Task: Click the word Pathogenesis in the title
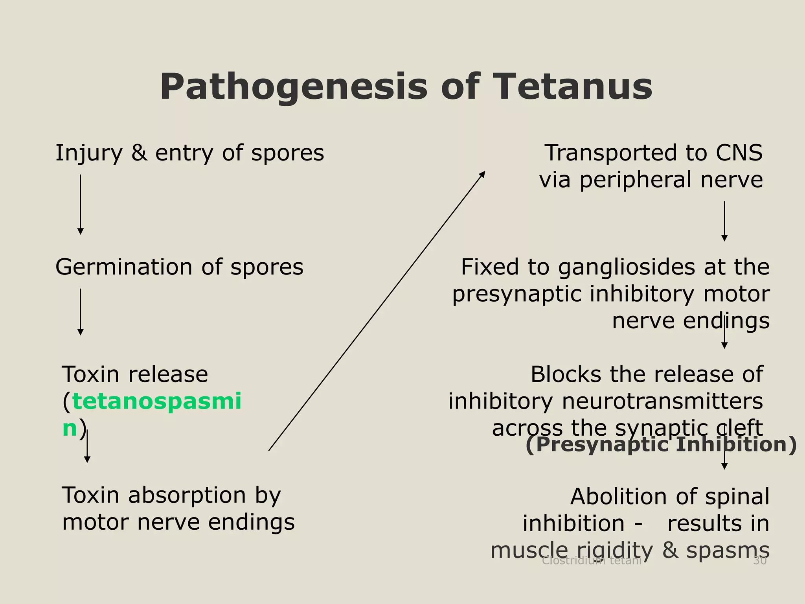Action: point(293,87)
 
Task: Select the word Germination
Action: point(123,267)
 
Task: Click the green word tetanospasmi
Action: point(156,401)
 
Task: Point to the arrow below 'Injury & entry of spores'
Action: point(81,204)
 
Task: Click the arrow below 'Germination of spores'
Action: point(81,312)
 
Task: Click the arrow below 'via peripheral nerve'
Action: point(724,221)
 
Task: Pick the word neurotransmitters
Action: point(662,401)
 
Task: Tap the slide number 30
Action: point(759,561)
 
